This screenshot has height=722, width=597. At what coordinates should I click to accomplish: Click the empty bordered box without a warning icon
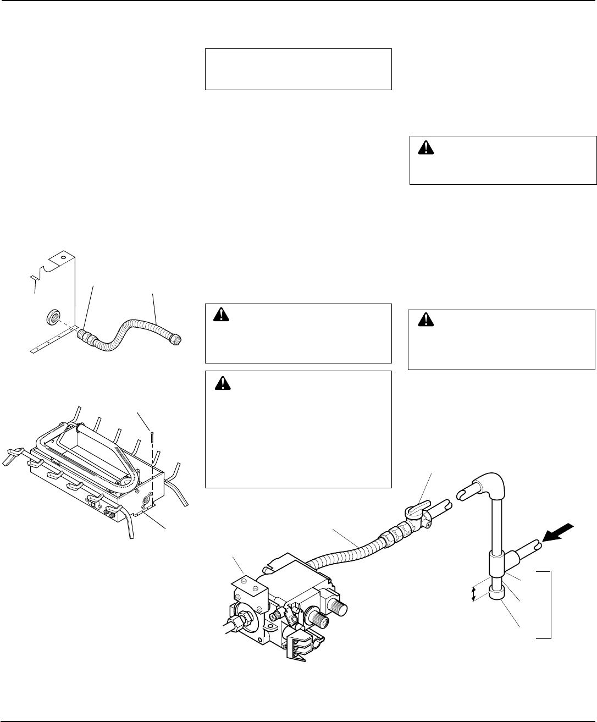click(x=298, y=69)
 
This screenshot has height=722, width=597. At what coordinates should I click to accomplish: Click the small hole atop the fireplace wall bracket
click(x=63, y=256)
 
